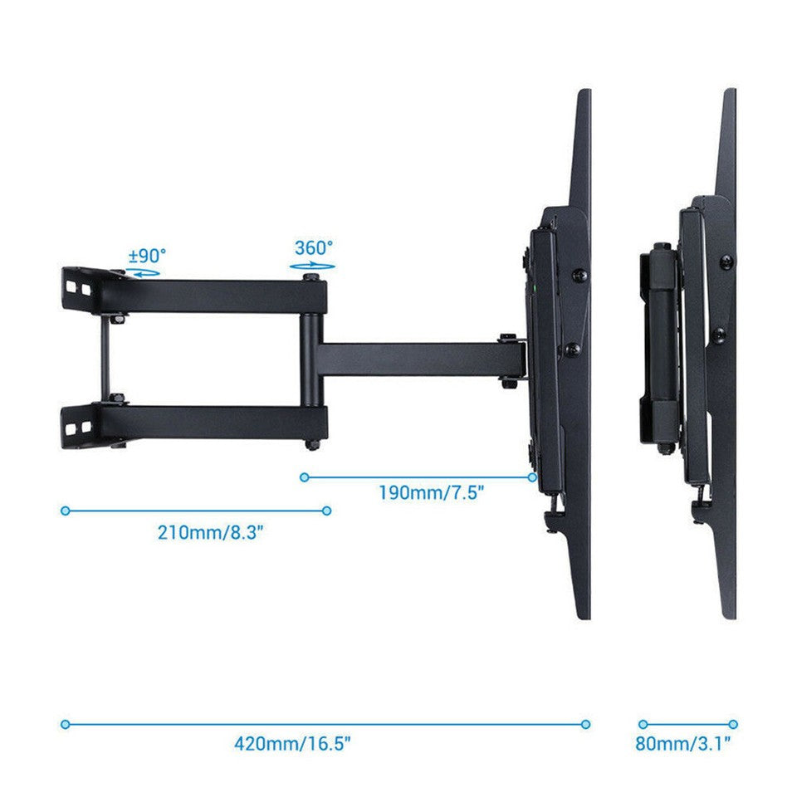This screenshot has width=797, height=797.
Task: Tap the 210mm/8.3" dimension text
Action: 211,532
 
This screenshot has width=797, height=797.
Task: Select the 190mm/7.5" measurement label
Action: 432,492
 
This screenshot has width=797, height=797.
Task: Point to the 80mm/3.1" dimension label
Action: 682,743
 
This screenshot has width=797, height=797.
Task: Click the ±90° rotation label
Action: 147,255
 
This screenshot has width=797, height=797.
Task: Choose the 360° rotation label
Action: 313,248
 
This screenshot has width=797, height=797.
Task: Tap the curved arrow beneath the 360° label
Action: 313,266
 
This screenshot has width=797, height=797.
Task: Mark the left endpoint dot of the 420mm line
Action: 65,724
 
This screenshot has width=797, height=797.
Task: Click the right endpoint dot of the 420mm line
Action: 585,724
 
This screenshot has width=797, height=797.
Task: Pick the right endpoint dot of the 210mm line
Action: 327,511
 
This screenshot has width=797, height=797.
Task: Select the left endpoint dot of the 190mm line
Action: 305,477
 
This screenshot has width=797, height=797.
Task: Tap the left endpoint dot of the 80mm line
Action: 643,724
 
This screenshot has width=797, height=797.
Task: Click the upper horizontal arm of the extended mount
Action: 216,296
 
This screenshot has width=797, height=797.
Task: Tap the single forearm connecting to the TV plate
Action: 415,359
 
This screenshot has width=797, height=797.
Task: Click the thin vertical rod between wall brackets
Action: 105,359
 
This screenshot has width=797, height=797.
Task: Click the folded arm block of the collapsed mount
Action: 660,349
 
